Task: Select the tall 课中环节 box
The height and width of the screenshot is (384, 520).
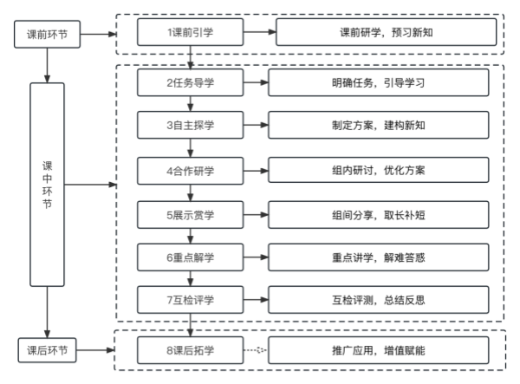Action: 46,185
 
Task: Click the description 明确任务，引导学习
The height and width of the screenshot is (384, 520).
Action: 379,82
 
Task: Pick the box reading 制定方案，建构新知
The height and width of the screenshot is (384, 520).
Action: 379,125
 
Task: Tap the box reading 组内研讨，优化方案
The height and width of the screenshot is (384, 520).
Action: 379,170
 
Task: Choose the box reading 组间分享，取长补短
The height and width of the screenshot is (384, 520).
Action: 379,214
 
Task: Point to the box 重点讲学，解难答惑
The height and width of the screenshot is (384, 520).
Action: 379,258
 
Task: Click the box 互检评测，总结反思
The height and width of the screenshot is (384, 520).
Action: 379,301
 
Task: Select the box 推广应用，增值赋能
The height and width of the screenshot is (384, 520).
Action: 379,351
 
